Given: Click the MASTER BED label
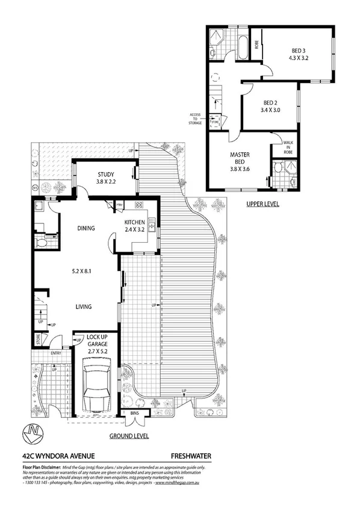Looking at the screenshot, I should point(239,161).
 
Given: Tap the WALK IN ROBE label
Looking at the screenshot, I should point(292,148).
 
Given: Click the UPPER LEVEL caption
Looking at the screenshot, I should point(262,204).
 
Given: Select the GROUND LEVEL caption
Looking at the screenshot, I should point(129,436).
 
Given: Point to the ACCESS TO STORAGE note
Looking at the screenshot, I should point(196,118).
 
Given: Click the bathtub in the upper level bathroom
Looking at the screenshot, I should point(242,47).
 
